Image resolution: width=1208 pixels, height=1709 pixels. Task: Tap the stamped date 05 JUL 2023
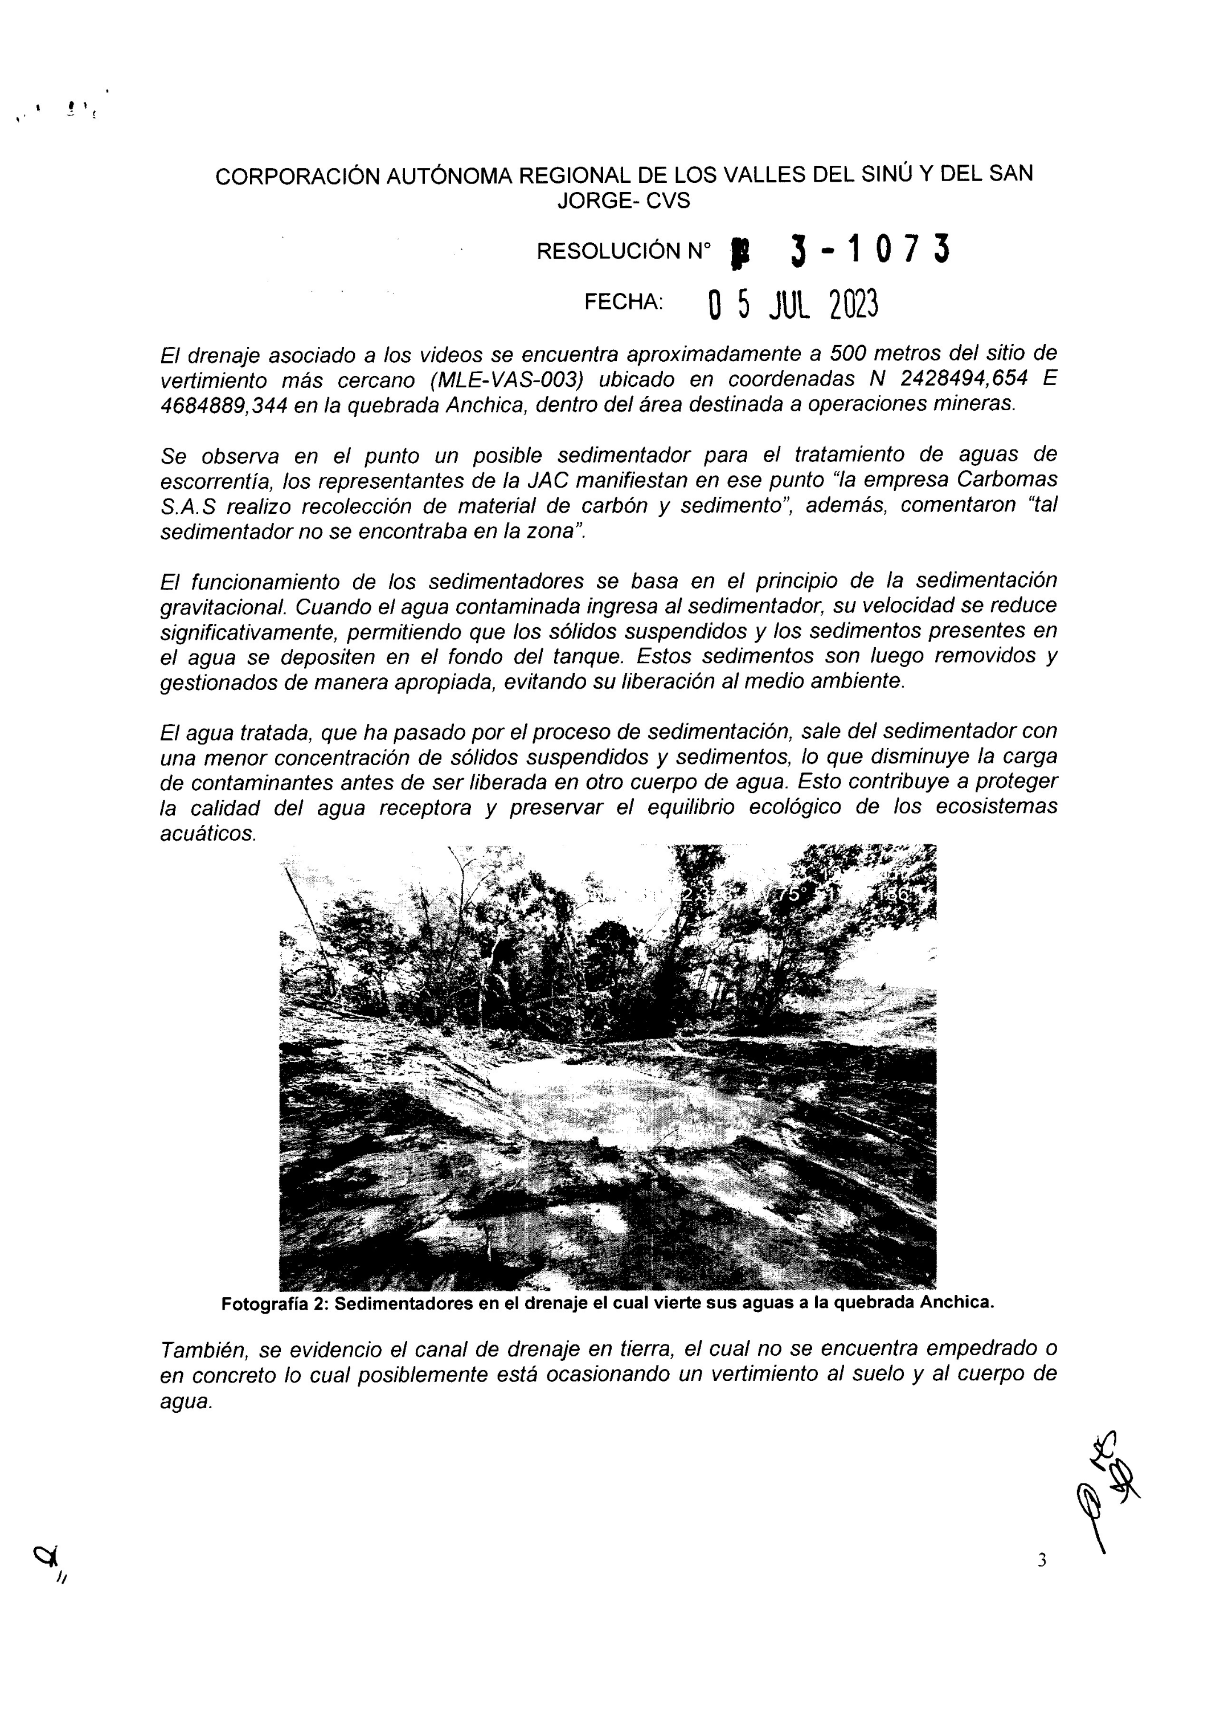[793, 304]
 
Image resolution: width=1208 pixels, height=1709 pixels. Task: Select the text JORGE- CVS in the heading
[624, 201]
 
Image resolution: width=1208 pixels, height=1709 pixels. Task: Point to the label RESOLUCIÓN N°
[623, 252]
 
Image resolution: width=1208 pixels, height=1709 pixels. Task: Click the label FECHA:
[623, 301]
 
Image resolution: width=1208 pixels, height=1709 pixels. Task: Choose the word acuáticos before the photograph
[208, 835]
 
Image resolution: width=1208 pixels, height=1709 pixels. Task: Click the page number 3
[1041, 1560]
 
